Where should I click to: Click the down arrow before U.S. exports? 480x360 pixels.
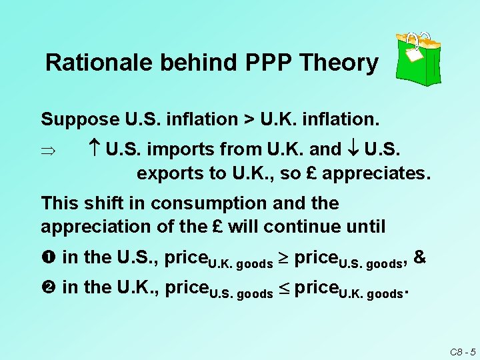point(355,148)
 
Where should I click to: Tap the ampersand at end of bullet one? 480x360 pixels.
point(420,257)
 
